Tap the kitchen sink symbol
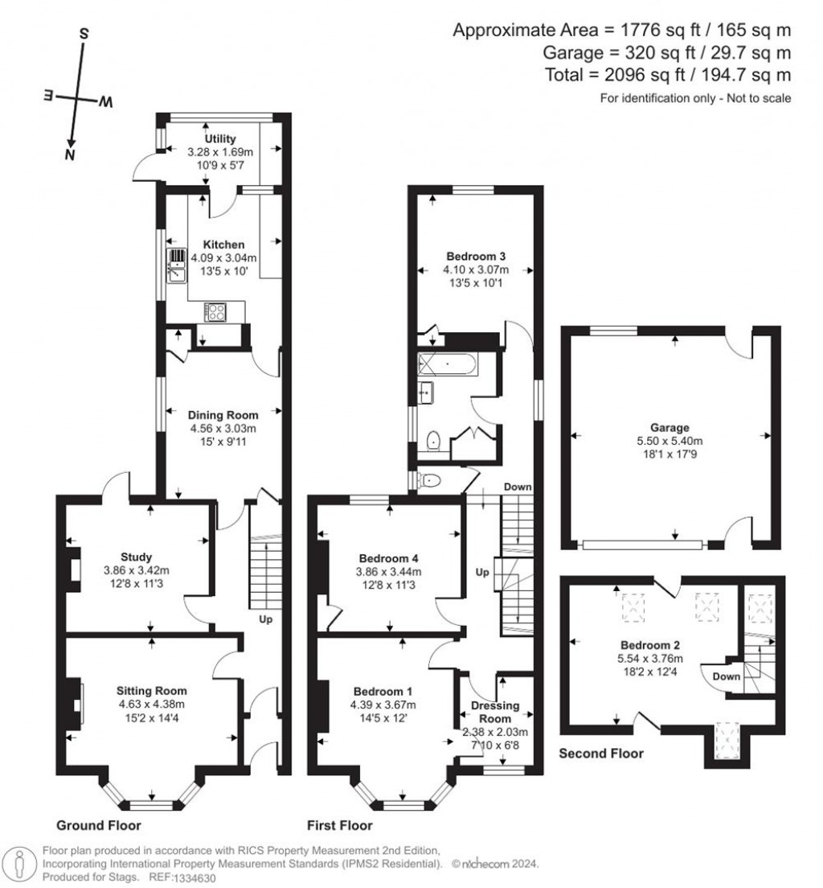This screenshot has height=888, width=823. (x=177, y=266)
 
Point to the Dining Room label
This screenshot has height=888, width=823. (x=223, y=415)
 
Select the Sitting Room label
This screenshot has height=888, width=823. (x=151, y=690)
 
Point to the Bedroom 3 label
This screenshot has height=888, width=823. (x=469, y=257)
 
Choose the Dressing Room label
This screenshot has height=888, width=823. (x=495, y=712)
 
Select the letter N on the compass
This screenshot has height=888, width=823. (x=71, y=154)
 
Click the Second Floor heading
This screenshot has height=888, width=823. (x=601, y=754)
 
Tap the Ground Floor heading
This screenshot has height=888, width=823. (x=99, y=825)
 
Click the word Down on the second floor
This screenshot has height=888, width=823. (x=726, y=676)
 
